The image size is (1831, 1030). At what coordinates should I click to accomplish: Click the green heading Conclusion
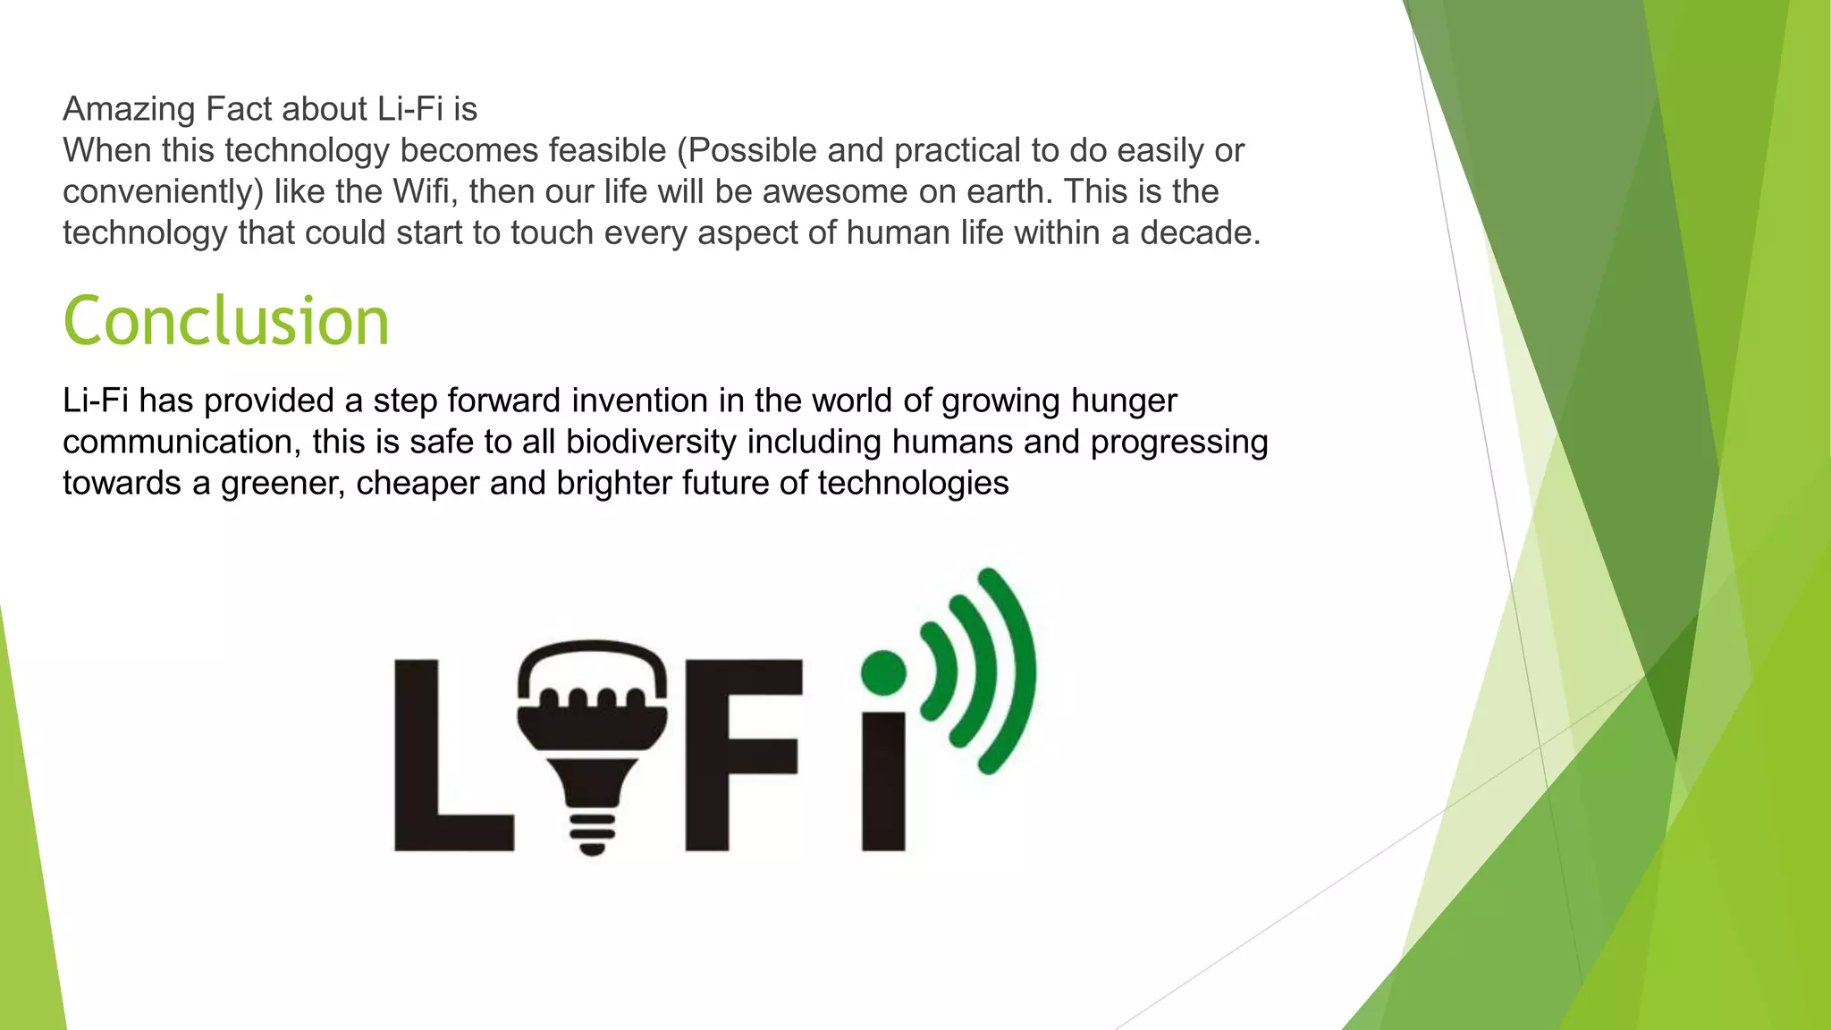coord(226,321)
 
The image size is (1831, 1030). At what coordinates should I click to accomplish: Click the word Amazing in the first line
coord(129,109)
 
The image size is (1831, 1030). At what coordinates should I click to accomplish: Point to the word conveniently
coord(163,191)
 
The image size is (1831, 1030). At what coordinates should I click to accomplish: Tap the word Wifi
coord(424,191)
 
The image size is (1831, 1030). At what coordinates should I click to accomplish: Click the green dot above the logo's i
coord(883,672)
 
